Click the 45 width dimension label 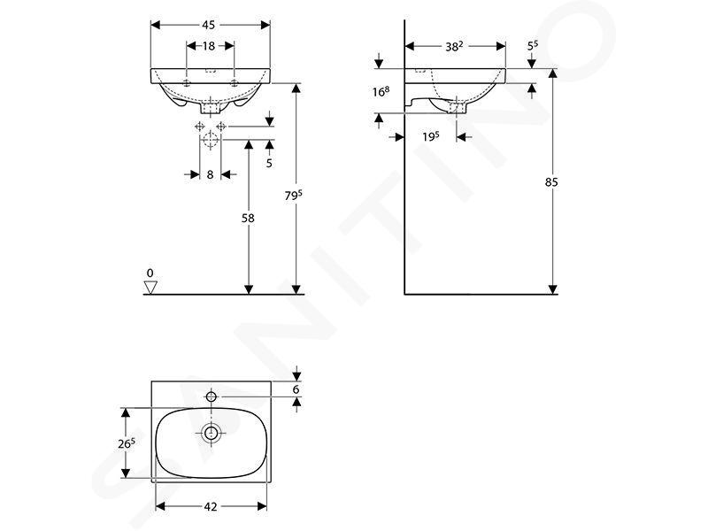pyautogui.click(x=208, y=26)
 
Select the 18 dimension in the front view pyautogui.click(x=209, y=46)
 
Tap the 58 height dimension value pyautogui.click(x=249, y=218)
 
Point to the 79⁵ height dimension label pyautogui.click(x=293, y=196)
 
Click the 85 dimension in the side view pyautogui.click(x=551, y=182)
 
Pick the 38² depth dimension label pyautogui.click(x=454, y=47)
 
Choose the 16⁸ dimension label pyautogui.click(x=381, y=92)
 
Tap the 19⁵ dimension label pyautogui.click(x=431, y=136)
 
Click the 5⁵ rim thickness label pyautogui.click(x=533, y=46)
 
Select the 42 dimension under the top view pyautogui.click(x=211, y=506)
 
